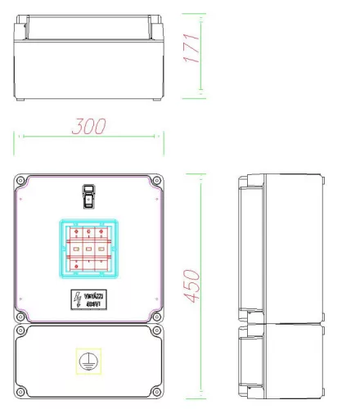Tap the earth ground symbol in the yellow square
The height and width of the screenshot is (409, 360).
click(88, 359)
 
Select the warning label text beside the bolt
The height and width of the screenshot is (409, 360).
click(94, 299)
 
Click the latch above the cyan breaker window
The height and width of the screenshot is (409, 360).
click(88, 196)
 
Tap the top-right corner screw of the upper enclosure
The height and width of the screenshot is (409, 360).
click(156, 179)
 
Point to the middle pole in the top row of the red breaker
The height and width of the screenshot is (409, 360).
click(88, 231)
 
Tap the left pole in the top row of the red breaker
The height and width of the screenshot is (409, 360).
click(75, 231)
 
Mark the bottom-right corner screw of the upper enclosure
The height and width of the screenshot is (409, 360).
click(156, 316)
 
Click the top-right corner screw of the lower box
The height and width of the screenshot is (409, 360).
click(156, 330)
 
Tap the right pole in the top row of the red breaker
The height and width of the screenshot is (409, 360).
click(101, 231)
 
